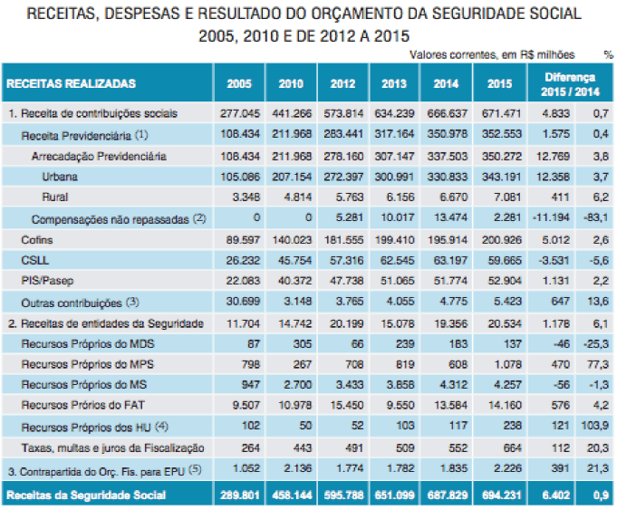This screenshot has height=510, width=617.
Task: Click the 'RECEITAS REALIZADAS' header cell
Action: point(72,84)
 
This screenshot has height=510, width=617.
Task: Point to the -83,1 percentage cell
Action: point(596,218)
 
